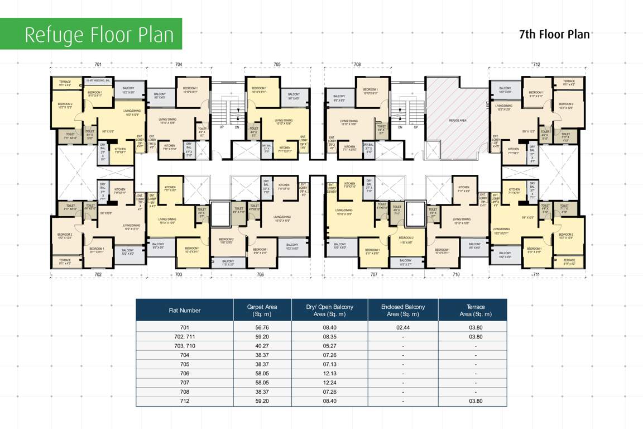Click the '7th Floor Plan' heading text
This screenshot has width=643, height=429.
[x=554, y=34]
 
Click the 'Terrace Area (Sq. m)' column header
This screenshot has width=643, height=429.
[x=472, y=310]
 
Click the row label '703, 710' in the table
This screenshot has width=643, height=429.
[x=185, y=346]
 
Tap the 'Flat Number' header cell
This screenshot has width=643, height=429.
[x=185, y=310]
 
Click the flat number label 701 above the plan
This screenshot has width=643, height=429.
[x=98, y=65]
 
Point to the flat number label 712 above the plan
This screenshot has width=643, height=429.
[x=536, y=65]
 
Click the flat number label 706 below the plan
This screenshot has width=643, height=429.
[x=260, y=275]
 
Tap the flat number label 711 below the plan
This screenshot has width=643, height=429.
[x=536, y=275]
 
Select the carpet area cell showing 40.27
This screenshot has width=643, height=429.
[x=262, y=346]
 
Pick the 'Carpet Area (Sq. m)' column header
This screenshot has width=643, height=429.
[x=262, y=310]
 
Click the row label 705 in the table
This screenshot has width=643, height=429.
[x=185, y=364]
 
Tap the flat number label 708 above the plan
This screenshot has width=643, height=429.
[x=357, y=65]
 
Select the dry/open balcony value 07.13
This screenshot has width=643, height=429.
[x=329, y=364]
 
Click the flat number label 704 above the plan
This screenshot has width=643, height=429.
[x=179, y=65]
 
